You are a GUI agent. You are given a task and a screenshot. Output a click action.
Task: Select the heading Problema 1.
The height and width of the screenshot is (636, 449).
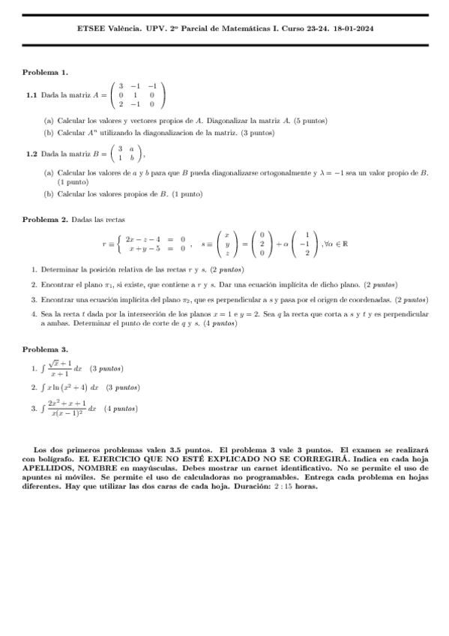coord(45,72)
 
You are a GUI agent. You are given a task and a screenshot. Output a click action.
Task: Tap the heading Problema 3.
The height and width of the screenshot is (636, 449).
coord(45,349)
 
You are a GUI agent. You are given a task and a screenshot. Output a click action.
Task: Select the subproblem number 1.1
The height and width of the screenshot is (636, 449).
coord(31,96)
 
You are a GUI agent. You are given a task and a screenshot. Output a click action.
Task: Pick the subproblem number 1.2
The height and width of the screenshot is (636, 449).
coord(31,154)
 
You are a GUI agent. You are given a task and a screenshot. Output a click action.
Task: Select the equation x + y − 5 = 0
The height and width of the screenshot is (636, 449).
coord(157,248)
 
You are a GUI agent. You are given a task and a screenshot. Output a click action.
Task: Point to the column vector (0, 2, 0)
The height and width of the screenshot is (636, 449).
coord(262,244)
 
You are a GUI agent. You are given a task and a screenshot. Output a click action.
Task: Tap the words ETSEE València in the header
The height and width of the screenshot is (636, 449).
coord(104,28)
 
